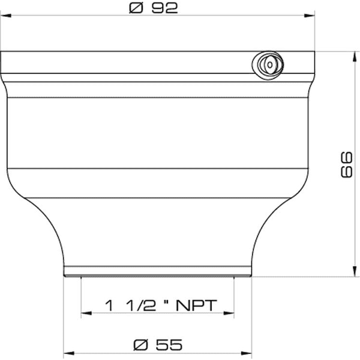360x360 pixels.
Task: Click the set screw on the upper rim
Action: tap(267, 63)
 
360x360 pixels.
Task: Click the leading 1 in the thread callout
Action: tap(109, 305)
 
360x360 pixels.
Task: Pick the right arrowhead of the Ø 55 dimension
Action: tap(245, 353)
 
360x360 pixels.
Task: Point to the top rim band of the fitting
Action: tap(132, 62)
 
